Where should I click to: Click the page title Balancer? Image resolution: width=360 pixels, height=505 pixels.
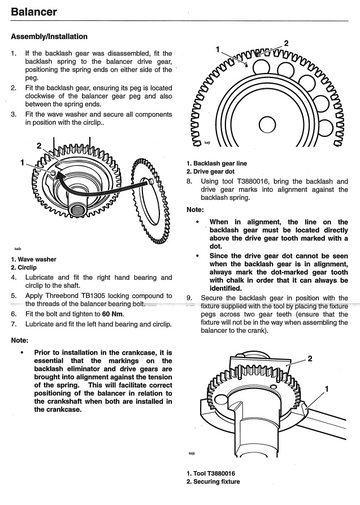tap(34, 12)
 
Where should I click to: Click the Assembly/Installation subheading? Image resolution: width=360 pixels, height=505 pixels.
tap(49, 37)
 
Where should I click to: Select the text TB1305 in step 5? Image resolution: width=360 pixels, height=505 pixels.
tap(93, 296)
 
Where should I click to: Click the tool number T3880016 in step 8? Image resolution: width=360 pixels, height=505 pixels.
tap(255, 182)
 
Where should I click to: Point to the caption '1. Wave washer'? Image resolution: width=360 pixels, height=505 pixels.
tap(33, 259)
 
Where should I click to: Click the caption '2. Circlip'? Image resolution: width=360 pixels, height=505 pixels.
tap(24, 268)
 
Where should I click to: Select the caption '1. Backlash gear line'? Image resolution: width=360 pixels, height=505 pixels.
tap(217, 163)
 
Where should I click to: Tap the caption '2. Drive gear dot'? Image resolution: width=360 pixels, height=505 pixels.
tap(210, 172)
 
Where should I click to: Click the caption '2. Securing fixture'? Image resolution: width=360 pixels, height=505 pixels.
tap(213, 482)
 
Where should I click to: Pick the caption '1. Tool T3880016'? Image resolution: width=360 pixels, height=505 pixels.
tap(211, 473)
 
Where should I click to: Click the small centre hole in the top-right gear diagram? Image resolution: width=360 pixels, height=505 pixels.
tap(267, 125)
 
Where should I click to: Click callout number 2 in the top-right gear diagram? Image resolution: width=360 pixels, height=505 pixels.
tap(286, 43)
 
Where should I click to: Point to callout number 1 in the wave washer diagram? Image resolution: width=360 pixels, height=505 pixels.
tap(22, 162)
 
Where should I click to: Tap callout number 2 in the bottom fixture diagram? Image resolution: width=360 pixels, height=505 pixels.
tap(310, 359)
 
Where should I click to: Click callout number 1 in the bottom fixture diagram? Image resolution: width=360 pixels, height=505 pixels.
tap(327, 389)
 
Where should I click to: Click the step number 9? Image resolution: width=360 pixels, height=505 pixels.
tap(189, 298)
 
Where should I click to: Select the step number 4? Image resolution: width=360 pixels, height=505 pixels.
tap(13, 278)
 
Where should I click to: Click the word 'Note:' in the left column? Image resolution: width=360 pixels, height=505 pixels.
tap(20, 340)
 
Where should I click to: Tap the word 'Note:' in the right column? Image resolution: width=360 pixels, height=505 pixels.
tap(195, 210)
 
